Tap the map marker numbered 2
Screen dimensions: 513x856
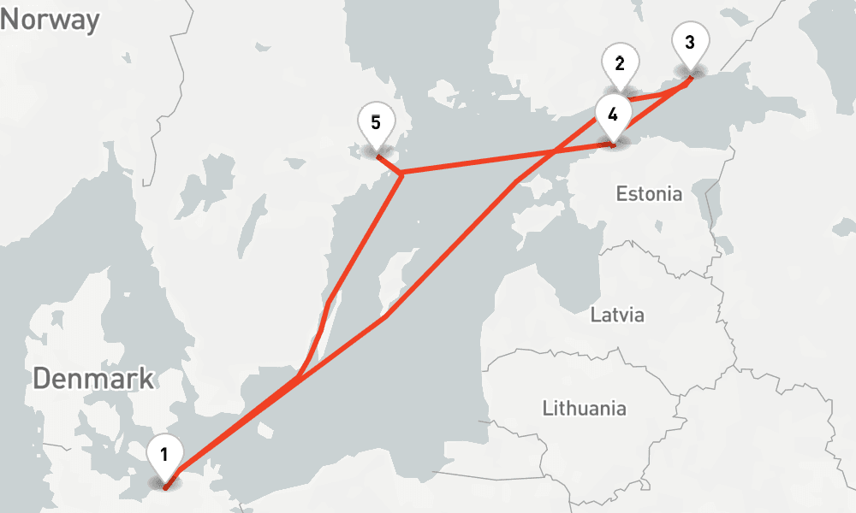tap(620, 64)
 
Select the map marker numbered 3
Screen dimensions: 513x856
tap(691, 43)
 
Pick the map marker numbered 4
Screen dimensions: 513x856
tap(612, 115)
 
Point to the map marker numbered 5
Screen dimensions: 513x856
tap(376, 124)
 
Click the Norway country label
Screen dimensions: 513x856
tap(51, 19)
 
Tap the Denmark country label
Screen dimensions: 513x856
tap(94, 377)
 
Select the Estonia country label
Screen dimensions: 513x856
tap(649, 194)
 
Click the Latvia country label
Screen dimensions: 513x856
tap(617, 315)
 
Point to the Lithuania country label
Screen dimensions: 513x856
tap(584, 408)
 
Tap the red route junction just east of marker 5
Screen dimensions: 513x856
tap(401, 174)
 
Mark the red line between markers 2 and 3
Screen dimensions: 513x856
tap(659, 94)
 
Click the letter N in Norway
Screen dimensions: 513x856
tap(10, 19)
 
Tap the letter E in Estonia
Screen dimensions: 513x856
tap(621, 194)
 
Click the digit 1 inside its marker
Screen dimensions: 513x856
tap(164, 453)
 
